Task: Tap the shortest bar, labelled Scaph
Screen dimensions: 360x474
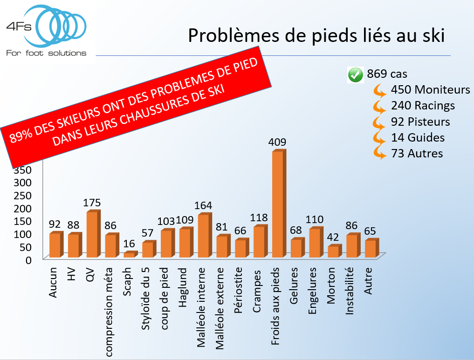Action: pyautogui.click(x=129, y=254)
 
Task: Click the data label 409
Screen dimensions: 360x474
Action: pyautogui.click(x=277, y=142)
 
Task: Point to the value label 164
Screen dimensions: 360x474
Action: pyautogui.click(x=203, y=205)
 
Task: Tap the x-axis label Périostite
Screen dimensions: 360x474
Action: pyautogui.click(x=239, y=284)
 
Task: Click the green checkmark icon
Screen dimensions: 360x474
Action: pyautogui.click(x=356, y=75)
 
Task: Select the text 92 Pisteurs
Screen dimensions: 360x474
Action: pyautogui.click(x=420, y=122)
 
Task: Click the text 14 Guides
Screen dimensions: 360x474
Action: pyautogui.click(x=418, y=138)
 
